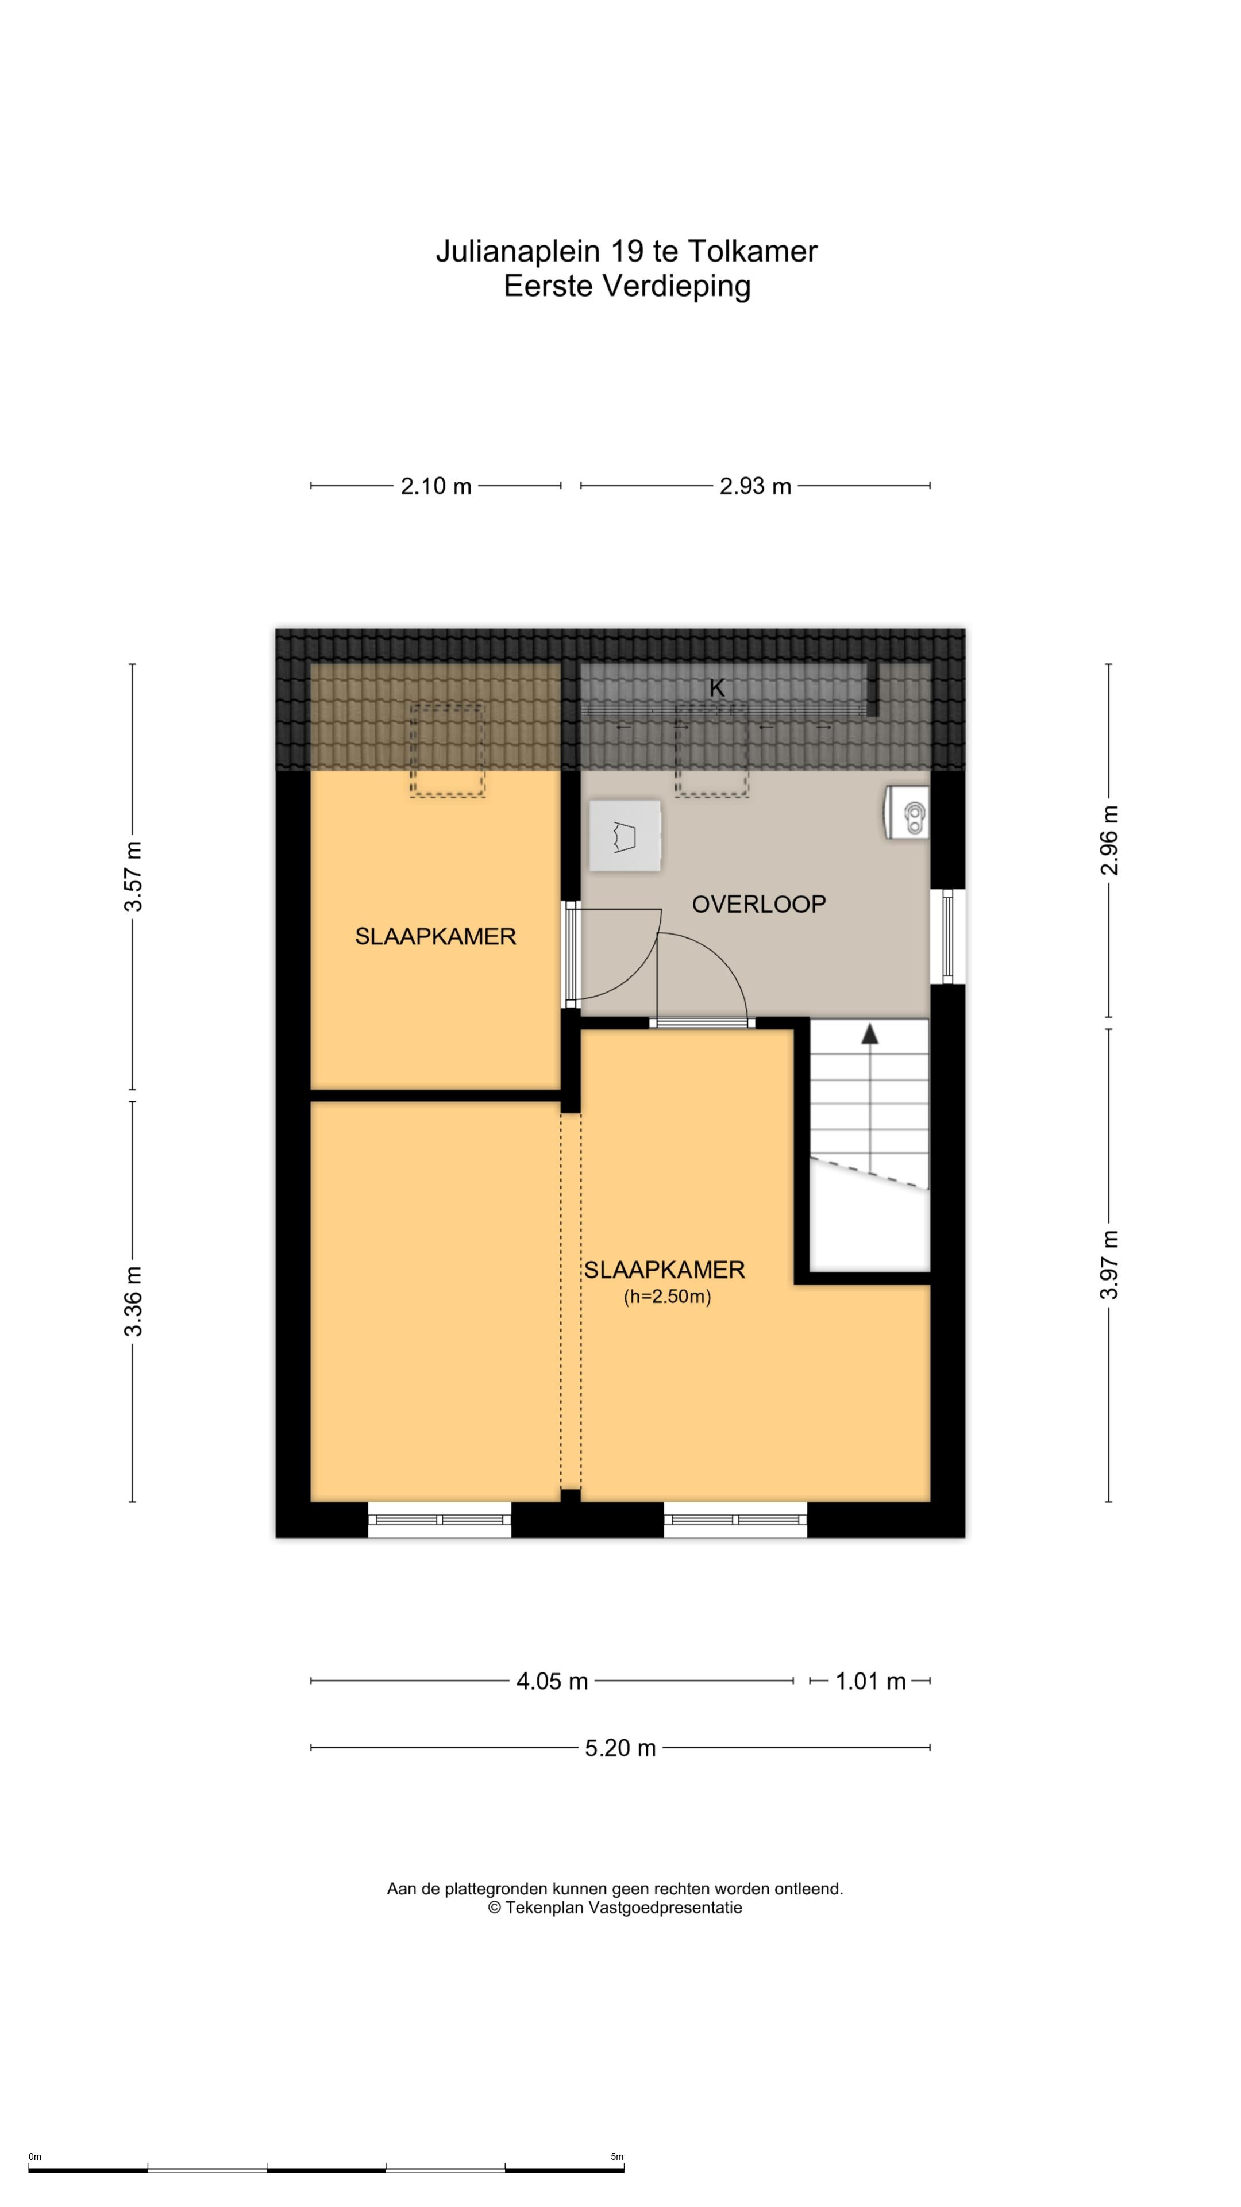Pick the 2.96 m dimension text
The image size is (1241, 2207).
tap(1109, 840)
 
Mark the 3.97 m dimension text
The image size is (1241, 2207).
tap(1109, 1264)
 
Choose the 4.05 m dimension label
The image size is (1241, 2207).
tap(552, 1681)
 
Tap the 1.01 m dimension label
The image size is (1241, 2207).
tap(870, 1681)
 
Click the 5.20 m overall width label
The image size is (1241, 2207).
tap(620, 1748)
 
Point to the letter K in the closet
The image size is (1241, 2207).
tap(717, 687)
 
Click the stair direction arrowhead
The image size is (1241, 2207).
tap(870, 1033)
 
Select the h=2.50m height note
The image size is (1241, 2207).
tap(667, 1296)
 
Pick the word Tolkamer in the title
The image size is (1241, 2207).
tap(753, 251)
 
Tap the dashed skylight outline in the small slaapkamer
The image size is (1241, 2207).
tap(447, 749)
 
